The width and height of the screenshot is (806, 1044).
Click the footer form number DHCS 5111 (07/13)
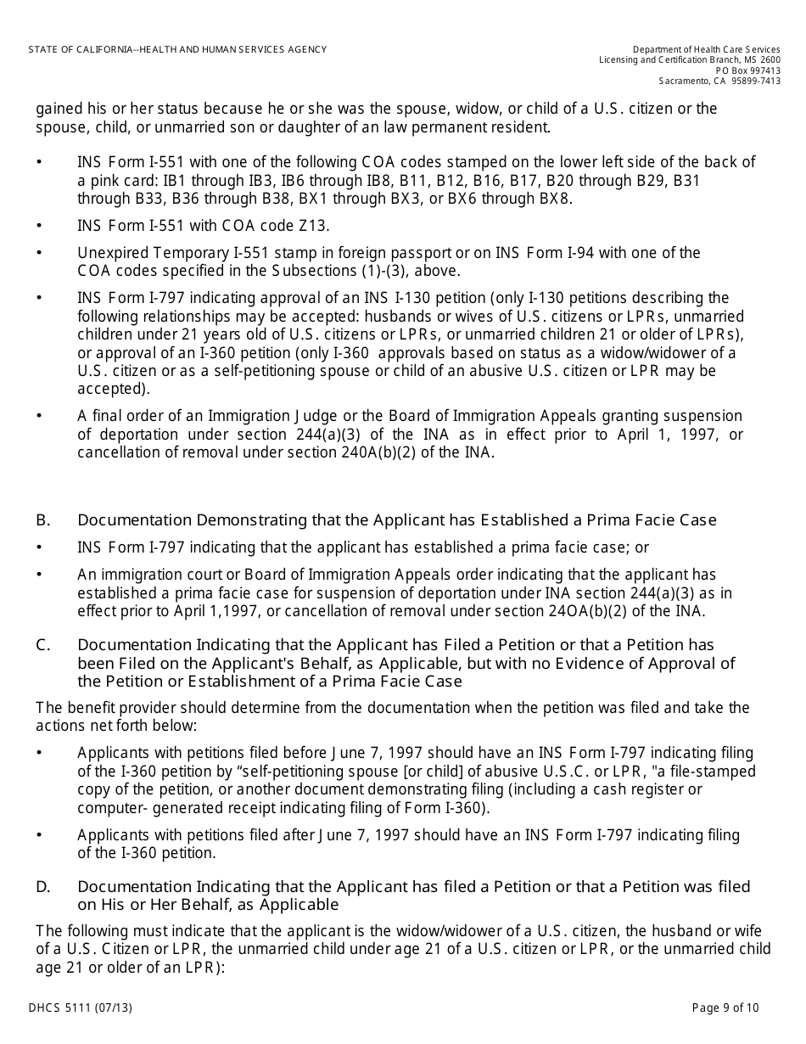[80, 1008]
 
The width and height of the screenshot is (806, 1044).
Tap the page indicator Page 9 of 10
[725, 1008]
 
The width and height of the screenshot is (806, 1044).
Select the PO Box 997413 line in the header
[747, 70]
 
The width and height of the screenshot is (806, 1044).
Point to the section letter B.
[42, 519]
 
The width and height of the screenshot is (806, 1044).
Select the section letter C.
[42, 645]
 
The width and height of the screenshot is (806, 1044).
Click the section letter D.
[42, 887]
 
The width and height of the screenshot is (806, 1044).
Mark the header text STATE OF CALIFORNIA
[80, 50]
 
